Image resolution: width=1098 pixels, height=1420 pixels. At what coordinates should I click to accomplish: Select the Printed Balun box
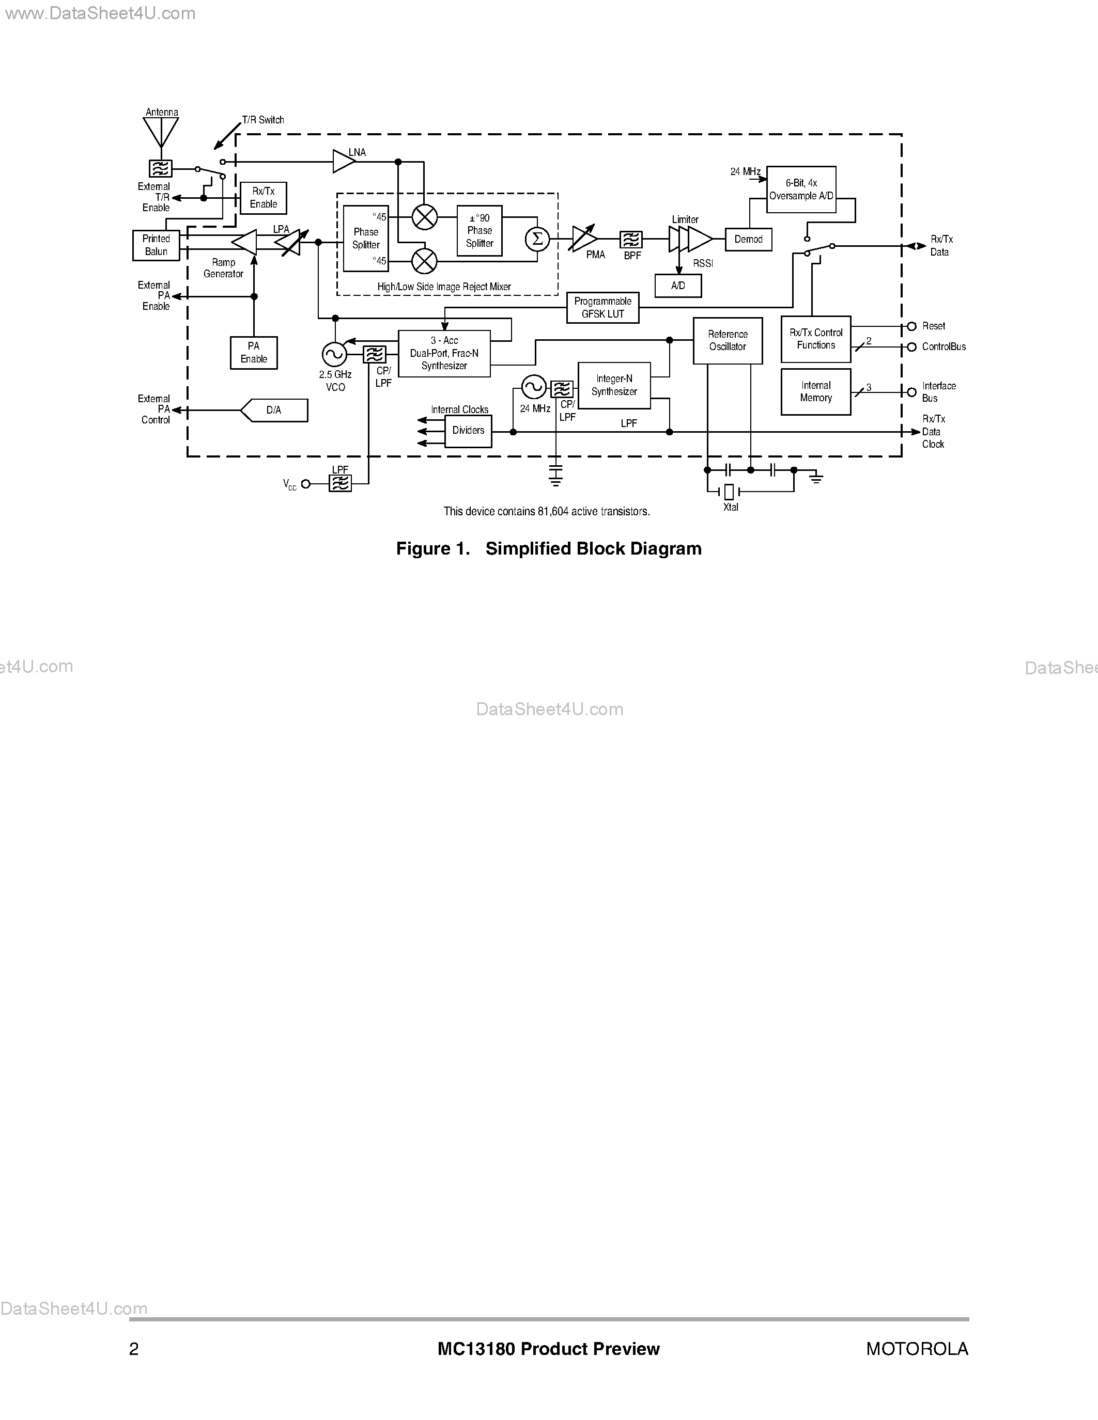point(156,246)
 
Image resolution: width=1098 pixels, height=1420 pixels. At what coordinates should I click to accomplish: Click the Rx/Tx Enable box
point(264,198)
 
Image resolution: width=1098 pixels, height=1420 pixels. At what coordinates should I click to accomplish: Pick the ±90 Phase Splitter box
point(480,231)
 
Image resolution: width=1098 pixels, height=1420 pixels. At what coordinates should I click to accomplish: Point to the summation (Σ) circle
point(537,239)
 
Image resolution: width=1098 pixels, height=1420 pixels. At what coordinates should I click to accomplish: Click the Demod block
point(748,239)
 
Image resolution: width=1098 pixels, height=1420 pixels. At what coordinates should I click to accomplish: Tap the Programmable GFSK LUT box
point(602,308)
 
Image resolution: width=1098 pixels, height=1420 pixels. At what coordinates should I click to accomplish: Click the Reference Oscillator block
point(727,341)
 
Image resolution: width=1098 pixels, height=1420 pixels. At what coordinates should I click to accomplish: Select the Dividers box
point(468,431)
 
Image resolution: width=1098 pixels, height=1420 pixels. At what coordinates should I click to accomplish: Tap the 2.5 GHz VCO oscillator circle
point(334,354)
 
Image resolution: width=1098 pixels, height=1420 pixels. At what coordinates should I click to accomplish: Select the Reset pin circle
point(911,326)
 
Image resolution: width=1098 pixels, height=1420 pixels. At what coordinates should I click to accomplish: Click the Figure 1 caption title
point(548,549)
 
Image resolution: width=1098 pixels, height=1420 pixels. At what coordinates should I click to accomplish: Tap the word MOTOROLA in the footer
point(917,1349)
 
